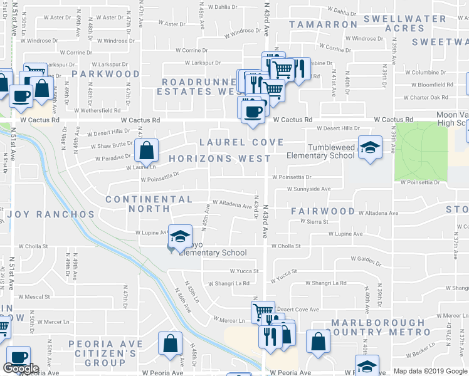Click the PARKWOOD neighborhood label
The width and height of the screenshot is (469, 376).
coord(105,74)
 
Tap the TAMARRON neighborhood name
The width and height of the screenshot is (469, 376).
coord(323,24)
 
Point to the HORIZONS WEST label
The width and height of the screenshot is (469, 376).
coord(220,159)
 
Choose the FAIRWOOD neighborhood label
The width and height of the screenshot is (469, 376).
coord(323,212)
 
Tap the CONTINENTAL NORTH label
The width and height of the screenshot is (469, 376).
coord(149,204)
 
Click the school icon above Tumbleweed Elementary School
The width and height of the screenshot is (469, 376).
coord(370,147)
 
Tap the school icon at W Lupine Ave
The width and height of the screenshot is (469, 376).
coord(180,236)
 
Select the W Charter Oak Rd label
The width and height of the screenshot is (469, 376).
coord(426,98)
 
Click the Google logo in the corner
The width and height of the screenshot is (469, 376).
coord(21,368)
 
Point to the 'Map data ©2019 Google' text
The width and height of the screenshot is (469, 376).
coord(429,371)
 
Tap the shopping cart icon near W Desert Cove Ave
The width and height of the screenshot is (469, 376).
coord(262,311)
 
